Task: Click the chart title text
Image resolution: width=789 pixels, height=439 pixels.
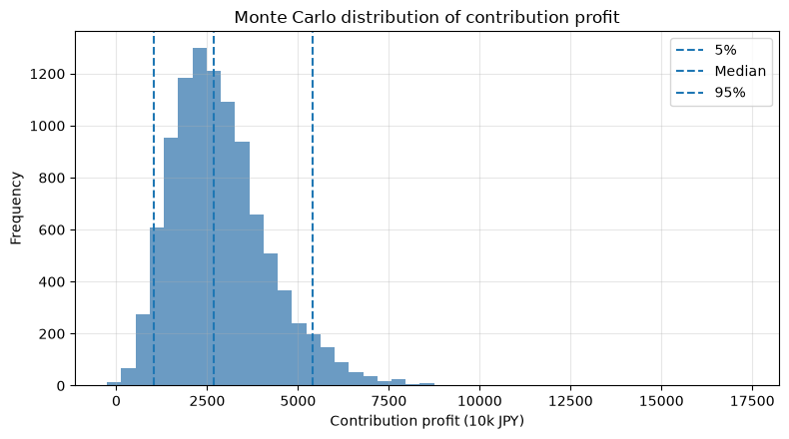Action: click(426, 17)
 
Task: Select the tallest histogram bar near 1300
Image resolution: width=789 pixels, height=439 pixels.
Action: click(200, 217)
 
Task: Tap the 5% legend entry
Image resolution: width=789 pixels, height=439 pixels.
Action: click(706, 50)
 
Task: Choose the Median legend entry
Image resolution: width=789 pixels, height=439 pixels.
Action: click(720, 71)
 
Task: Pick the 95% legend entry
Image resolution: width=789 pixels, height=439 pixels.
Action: click(710, 93)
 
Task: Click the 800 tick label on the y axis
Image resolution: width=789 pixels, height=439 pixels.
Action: click(52, 178)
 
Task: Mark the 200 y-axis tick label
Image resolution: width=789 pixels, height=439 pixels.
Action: click(52, 334)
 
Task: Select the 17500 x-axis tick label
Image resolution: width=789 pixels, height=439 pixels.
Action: click(752, 401)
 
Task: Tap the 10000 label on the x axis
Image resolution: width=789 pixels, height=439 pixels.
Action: click(479, 401)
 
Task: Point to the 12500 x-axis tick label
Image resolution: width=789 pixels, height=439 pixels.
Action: click(570, 401)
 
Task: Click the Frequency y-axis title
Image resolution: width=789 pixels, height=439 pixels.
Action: click(16, 209)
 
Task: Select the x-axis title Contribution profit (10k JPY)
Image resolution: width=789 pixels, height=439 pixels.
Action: click(426, 421)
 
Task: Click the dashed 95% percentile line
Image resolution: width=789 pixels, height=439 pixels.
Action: click(313, 209)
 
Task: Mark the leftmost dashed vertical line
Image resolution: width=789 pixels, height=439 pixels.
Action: click(154, 209)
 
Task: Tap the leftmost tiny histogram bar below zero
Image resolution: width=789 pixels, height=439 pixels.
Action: click(114, 384)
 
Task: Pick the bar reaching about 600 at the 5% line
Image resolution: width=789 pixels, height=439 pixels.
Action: click(157, 306)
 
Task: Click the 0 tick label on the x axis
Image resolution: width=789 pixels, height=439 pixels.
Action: click(116, 401)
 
